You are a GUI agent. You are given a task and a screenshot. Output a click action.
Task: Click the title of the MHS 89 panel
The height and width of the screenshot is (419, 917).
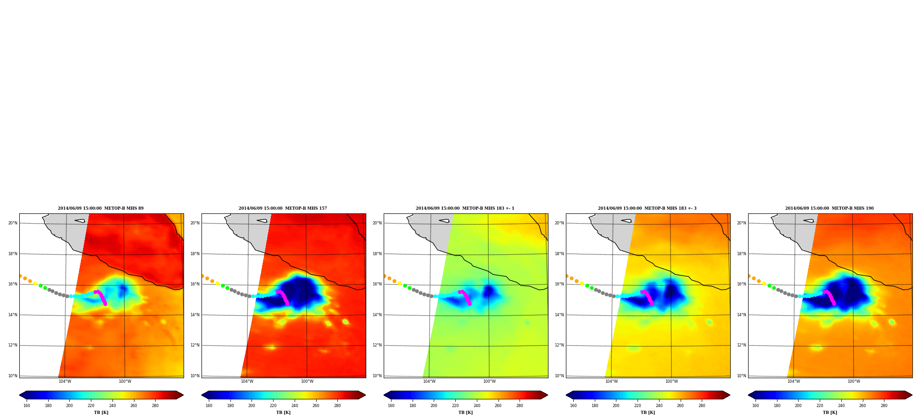click(x=101, y=208)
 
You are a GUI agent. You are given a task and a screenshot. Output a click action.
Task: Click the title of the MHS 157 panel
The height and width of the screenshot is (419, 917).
click(x=283, y=208)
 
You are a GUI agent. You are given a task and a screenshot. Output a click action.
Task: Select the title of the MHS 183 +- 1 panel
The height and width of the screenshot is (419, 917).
click(x=465, y=208)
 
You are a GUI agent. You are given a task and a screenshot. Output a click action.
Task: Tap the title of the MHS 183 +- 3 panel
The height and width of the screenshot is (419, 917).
click(x=647, y=208)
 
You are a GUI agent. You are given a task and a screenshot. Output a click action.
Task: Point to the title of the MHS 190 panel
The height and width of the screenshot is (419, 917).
click(x=829, y=208)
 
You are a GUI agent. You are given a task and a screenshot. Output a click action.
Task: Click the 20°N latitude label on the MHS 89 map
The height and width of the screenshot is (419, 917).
click(x=13, y=223)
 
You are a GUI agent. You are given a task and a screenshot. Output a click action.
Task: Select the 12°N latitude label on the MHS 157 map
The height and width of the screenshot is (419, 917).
click(x=195, y=345)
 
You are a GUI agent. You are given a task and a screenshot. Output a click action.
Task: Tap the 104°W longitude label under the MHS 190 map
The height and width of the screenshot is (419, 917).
click(x=794, y=381)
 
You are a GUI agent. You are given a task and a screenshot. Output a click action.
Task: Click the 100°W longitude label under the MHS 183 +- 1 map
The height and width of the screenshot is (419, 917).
click(x=489, y=381)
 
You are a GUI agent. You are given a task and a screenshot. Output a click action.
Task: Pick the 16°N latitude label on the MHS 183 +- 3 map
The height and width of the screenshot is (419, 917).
click(x=559, y=284)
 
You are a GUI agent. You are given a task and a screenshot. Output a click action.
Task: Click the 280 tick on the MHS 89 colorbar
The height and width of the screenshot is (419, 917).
click(x=155, y=406)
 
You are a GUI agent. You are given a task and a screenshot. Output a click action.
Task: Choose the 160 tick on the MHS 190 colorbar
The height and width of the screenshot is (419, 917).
click(x=755, y=406)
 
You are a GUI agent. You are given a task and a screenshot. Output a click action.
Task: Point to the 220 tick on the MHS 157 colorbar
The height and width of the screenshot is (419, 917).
click(x=273, y=406)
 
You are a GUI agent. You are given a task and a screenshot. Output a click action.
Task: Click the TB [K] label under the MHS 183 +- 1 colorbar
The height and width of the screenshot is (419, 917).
click(x=465, y=413)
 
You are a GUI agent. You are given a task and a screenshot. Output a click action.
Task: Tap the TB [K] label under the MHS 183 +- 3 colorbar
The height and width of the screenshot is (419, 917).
click(x=648, y=413)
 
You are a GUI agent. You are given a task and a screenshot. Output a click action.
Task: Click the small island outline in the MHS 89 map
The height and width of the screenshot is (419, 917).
click(x=80, y=221)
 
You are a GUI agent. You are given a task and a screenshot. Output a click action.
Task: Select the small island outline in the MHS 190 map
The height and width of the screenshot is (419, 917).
click(x=809, y=221)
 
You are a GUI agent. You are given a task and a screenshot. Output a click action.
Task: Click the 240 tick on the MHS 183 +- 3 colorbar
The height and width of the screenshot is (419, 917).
click(x=659, y=406)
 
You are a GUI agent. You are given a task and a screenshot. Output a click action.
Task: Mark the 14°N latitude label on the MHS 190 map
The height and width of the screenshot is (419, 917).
click(x=742, y=315)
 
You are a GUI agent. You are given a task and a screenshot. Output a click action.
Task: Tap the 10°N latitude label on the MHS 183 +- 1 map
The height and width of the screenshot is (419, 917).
click(x=377, y=376)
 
